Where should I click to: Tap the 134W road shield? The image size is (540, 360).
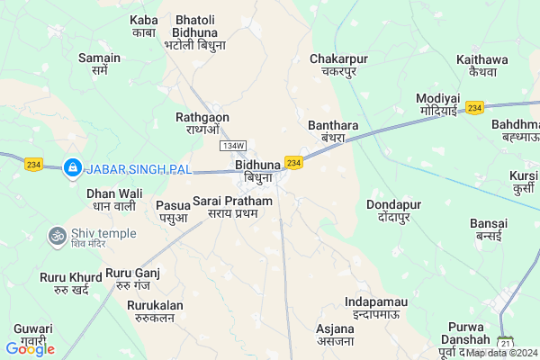click(232, 146)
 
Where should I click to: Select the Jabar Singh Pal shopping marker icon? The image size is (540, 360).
click(71, 167)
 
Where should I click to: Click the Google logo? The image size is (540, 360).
click(30, 348)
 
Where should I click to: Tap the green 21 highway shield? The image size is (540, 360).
click(505, 344)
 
